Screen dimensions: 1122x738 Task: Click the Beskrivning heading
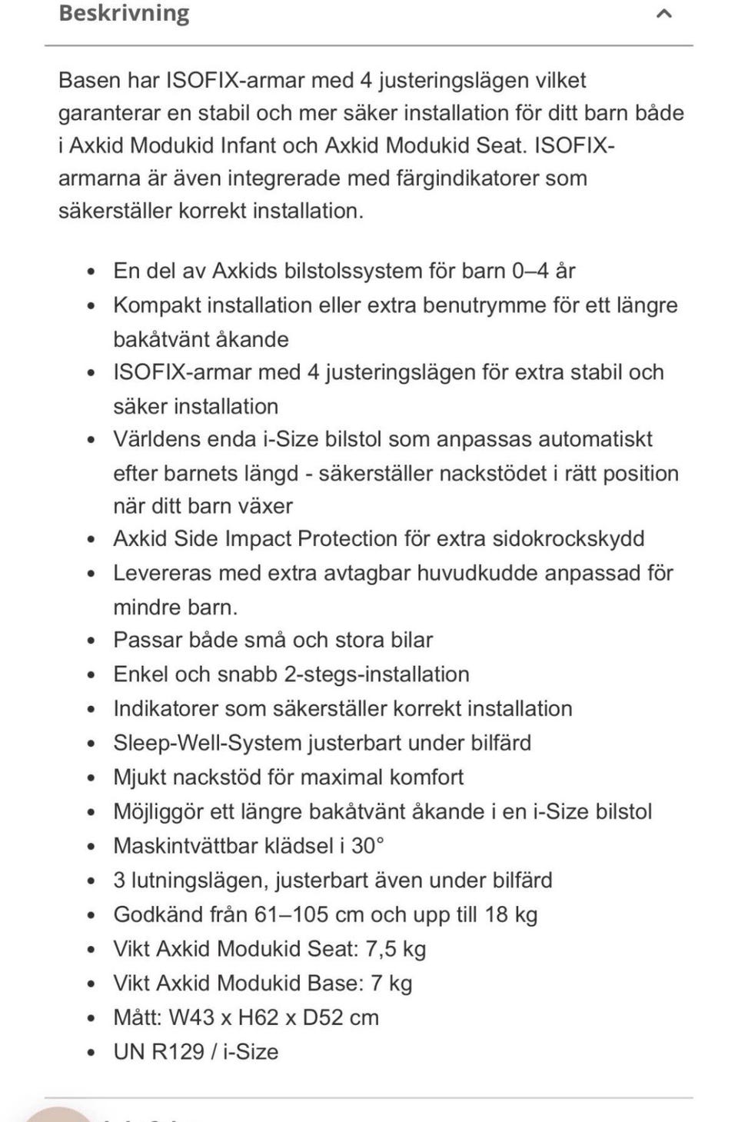point(124,13)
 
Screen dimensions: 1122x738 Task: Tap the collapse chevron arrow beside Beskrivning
point(664,13)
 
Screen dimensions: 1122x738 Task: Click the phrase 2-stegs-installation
point(377,674)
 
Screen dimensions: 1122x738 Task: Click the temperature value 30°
point(367,846)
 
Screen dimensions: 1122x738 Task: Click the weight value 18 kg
point(510,914)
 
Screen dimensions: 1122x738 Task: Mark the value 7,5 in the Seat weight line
point(381,949)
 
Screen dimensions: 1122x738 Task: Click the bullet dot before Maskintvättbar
point(91,847)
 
